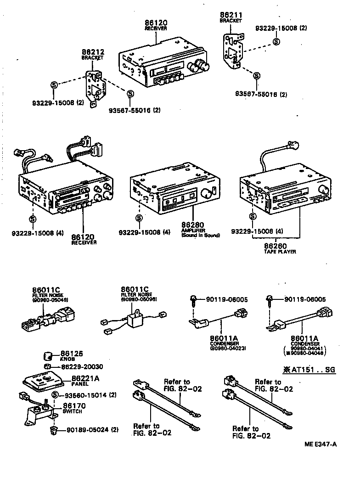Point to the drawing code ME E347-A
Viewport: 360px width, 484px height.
[320, 444]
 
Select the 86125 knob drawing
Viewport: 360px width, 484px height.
[48, 355]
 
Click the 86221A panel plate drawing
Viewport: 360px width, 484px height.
[44, 380]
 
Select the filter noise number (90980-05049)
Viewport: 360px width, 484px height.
[50, 300]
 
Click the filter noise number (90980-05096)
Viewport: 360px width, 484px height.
[139, 299]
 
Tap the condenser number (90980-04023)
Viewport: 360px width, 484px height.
[228, 349]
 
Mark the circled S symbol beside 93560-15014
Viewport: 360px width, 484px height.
[55, 395]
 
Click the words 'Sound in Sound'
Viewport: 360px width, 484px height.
[201, 235]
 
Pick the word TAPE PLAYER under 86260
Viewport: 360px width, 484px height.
[280, 252]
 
